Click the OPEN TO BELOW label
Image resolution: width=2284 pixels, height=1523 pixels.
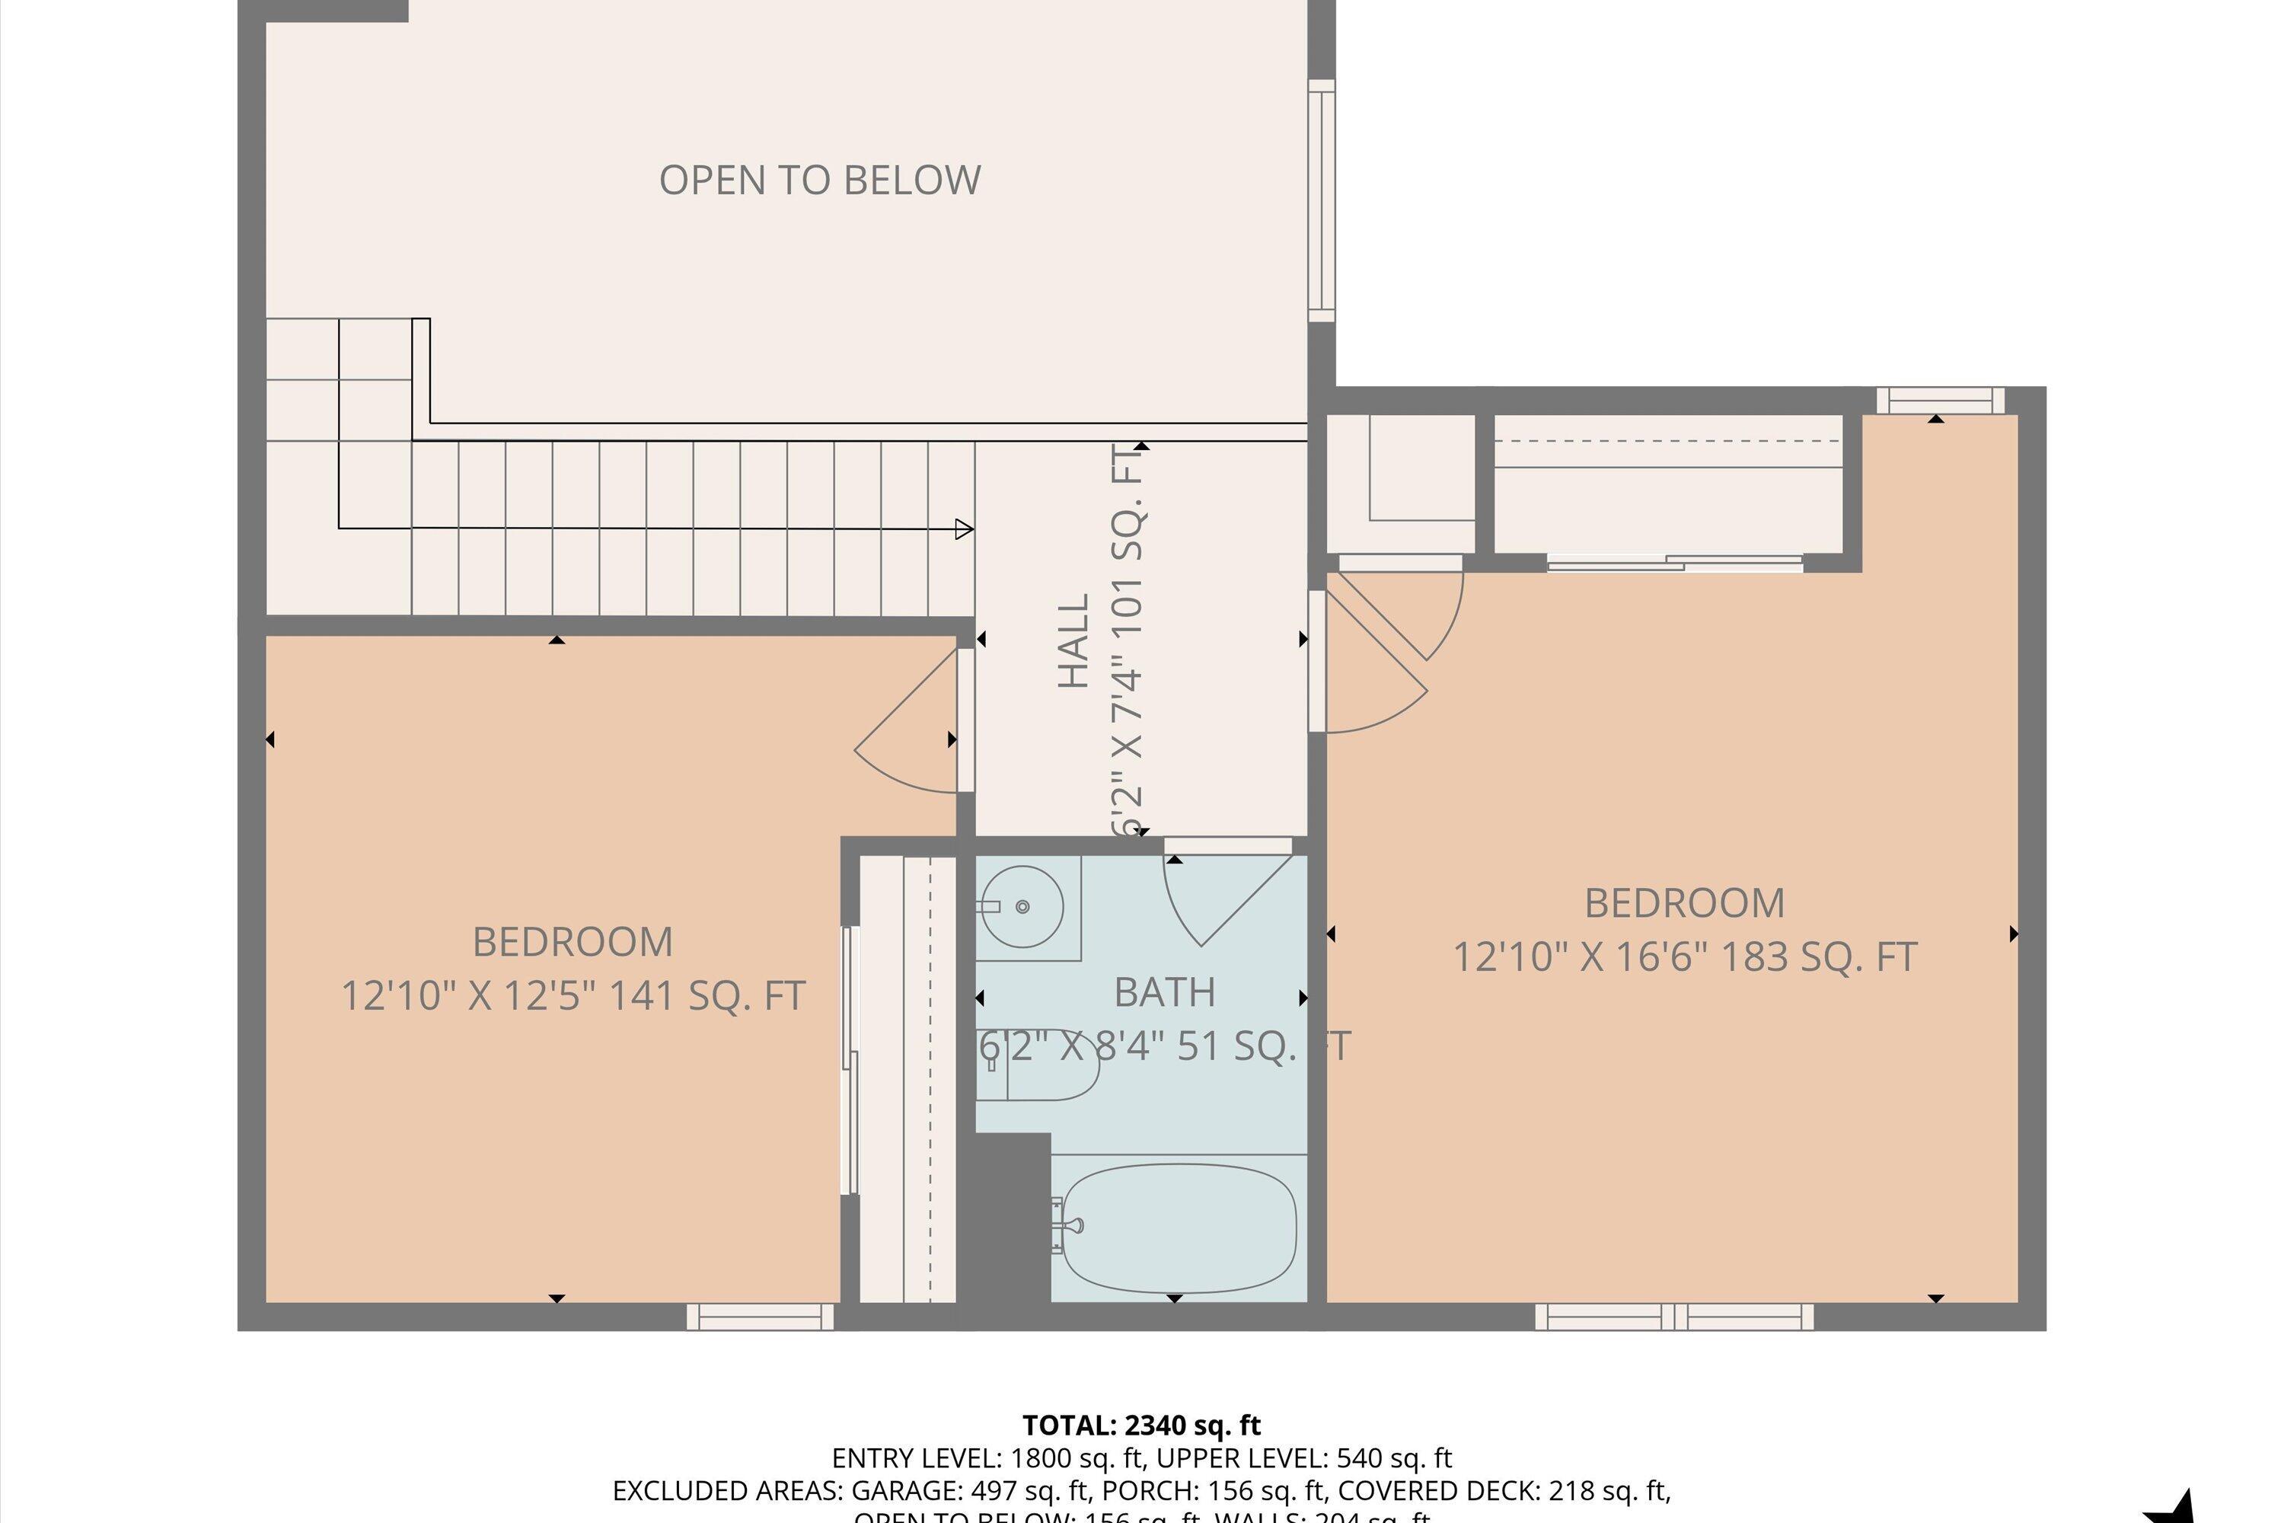(x=820, y=180)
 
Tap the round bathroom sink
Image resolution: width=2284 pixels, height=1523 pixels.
(x=1021, y=906)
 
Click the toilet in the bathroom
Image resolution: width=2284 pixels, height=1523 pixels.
(x=1039, y=1065)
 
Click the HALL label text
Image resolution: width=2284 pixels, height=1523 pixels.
(x=1074, y=642)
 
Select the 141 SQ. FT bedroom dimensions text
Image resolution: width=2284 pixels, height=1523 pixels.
(x=573, y=995)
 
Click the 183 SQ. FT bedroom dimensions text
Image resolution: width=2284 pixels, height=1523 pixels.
(x=1684, y=956)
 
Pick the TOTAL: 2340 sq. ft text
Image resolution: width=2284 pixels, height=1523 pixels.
(x=1141, y=1426)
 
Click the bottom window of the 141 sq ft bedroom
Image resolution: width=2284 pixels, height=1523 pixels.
(x=761, y=1317)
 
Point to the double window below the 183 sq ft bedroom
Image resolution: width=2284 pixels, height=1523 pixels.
(x=1674, y=1317)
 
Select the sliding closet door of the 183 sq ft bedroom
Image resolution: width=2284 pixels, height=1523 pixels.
(x=1674, y=563)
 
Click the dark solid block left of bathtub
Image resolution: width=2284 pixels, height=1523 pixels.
(x=1013, y=1219)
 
